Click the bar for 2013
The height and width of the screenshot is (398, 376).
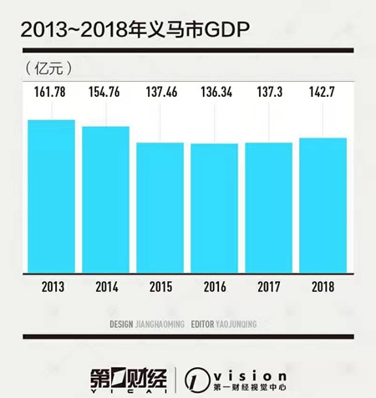51,196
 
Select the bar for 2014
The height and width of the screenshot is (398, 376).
105,199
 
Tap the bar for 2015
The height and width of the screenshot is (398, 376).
160,208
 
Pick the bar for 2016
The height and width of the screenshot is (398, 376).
214,208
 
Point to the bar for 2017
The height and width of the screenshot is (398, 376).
268,208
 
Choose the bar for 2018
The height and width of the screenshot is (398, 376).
323,205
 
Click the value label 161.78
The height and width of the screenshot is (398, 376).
51,91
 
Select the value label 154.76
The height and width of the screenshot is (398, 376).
105,91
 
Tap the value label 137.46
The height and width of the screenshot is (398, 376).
160,91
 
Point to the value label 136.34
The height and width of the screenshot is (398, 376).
214,91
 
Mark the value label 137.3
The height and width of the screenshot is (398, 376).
268,91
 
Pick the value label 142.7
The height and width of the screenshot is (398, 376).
323,91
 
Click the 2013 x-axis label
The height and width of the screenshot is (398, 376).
51,286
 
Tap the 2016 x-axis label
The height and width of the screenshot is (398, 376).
214,286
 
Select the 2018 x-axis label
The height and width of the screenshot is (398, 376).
323,286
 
